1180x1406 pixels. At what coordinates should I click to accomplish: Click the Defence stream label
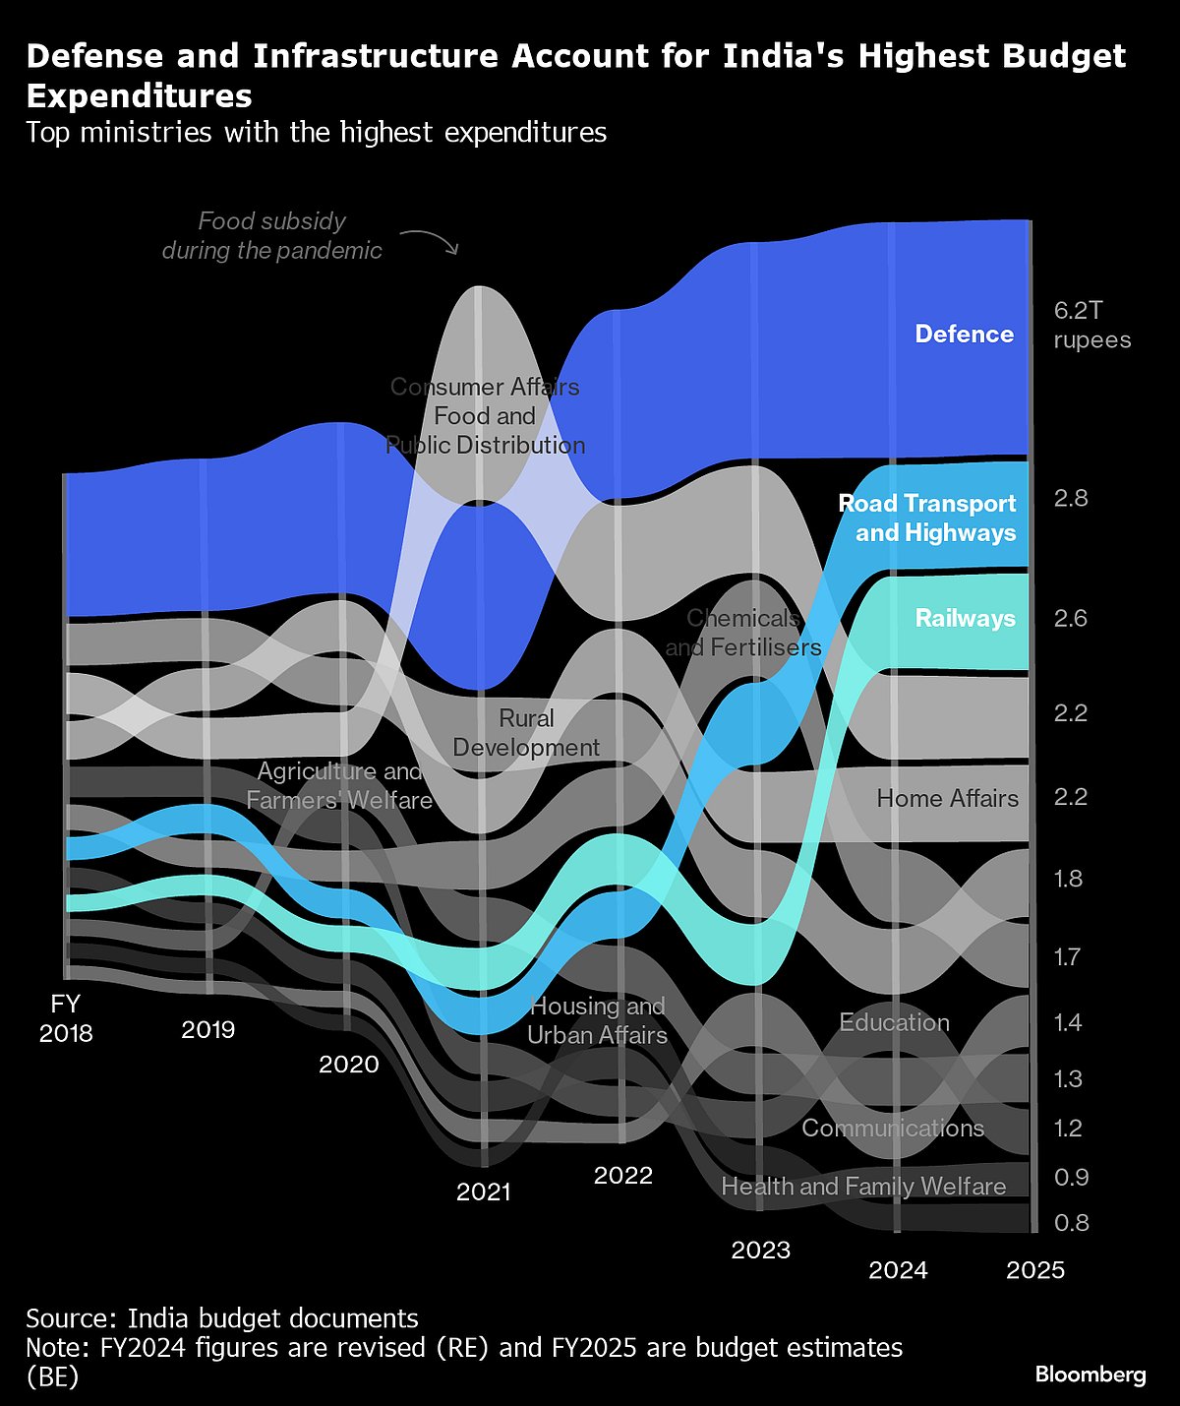tap(964, 335)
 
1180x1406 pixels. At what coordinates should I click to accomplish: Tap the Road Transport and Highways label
tap(927, 519)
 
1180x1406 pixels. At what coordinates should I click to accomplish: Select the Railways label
tap(965, 618)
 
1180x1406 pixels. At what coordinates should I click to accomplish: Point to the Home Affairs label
tap(947, 798)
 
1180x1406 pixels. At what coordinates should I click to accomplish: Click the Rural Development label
tap(526, 733)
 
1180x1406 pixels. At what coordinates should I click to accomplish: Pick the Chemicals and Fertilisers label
tap(743, 633)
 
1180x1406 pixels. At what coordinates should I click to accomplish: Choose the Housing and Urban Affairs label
tap(597, 1020)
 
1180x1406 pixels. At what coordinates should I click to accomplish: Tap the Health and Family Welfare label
tap(863, 1187)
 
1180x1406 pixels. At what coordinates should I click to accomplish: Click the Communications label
tap(893, 1128)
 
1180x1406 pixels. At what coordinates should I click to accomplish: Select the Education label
tap(894, 1022)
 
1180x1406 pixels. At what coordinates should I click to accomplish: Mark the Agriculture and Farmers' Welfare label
tap(339, 785)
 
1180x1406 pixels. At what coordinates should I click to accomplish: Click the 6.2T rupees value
tap(1091, 326)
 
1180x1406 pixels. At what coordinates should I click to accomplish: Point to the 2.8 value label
tap(1071, 498)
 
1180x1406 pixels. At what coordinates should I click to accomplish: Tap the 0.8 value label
tap(1071, 1222)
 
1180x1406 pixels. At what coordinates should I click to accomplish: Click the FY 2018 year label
tap(66, 1018)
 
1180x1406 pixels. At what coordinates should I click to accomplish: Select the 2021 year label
tap(484, 1192)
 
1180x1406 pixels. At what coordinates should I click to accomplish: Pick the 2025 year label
tap(1035, 1270)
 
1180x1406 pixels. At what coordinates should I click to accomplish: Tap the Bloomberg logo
tap(1091, 1375)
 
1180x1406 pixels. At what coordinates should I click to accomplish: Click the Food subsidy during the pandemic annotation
tap(271, 236)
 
